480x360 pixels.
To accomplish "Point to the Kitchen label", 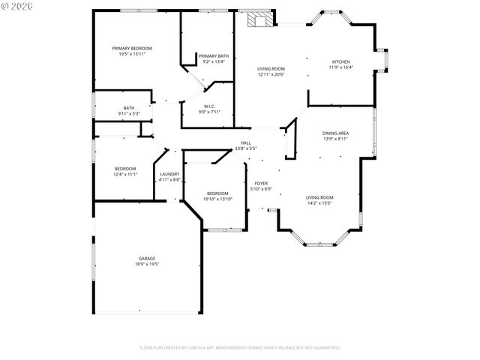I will pos(340,61).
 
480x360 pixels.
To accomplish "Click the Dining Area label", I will pos(335,133).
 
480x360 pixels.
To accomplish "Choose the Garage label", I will pos(146,258).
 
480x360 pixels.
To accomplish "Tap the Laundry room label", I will pos(169,174).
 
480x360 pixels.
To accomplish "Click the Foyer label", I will pos(261,183).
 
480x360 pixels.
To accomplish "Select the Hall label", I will pos(245,142).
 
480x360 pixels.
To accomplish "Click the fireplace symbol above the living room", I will pos(262,20).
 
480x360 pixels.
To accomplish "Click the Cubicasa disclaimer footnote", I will pos(240,347).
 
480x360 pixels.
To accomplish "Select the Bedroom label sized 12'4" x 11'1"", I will pos(125,169).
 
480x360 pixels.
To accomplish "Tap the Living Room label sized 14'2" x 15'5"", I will pos(319,198).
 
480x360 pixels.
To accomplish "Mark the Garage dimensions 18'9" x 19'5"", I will pos(146,264).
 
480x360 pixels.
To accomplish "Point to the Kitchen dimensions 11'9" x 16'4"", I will pos(340,67).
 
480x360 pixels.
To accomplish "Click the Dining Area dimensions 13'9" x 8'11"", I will pos(335,139).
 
